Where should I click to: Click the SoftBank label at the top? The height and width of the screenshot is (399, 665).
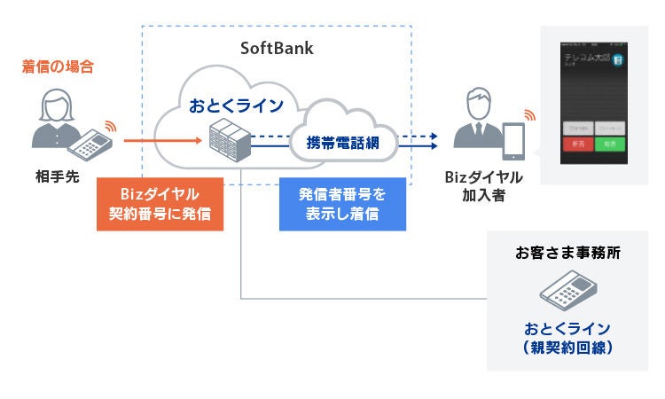click(x=277, y=48)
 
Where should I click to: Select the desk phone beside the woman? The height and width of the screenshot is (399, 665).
click(x=89, y=141)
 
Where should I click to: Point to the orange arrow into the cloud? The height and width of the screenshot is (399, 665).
click(x=160, y=140)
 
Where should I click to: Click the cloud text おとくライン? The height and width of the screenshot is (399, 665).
click(x=236, y=106)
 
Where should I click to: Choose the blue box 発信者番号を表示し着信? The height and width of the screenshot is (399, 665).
click(x=341, y=204)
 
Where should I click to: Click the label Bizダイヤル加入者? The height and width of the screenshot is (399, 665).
click(x=484, y=185)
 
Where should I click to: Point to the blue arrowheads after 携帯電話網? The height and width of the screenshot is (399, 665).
click(x=431, y=140)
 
